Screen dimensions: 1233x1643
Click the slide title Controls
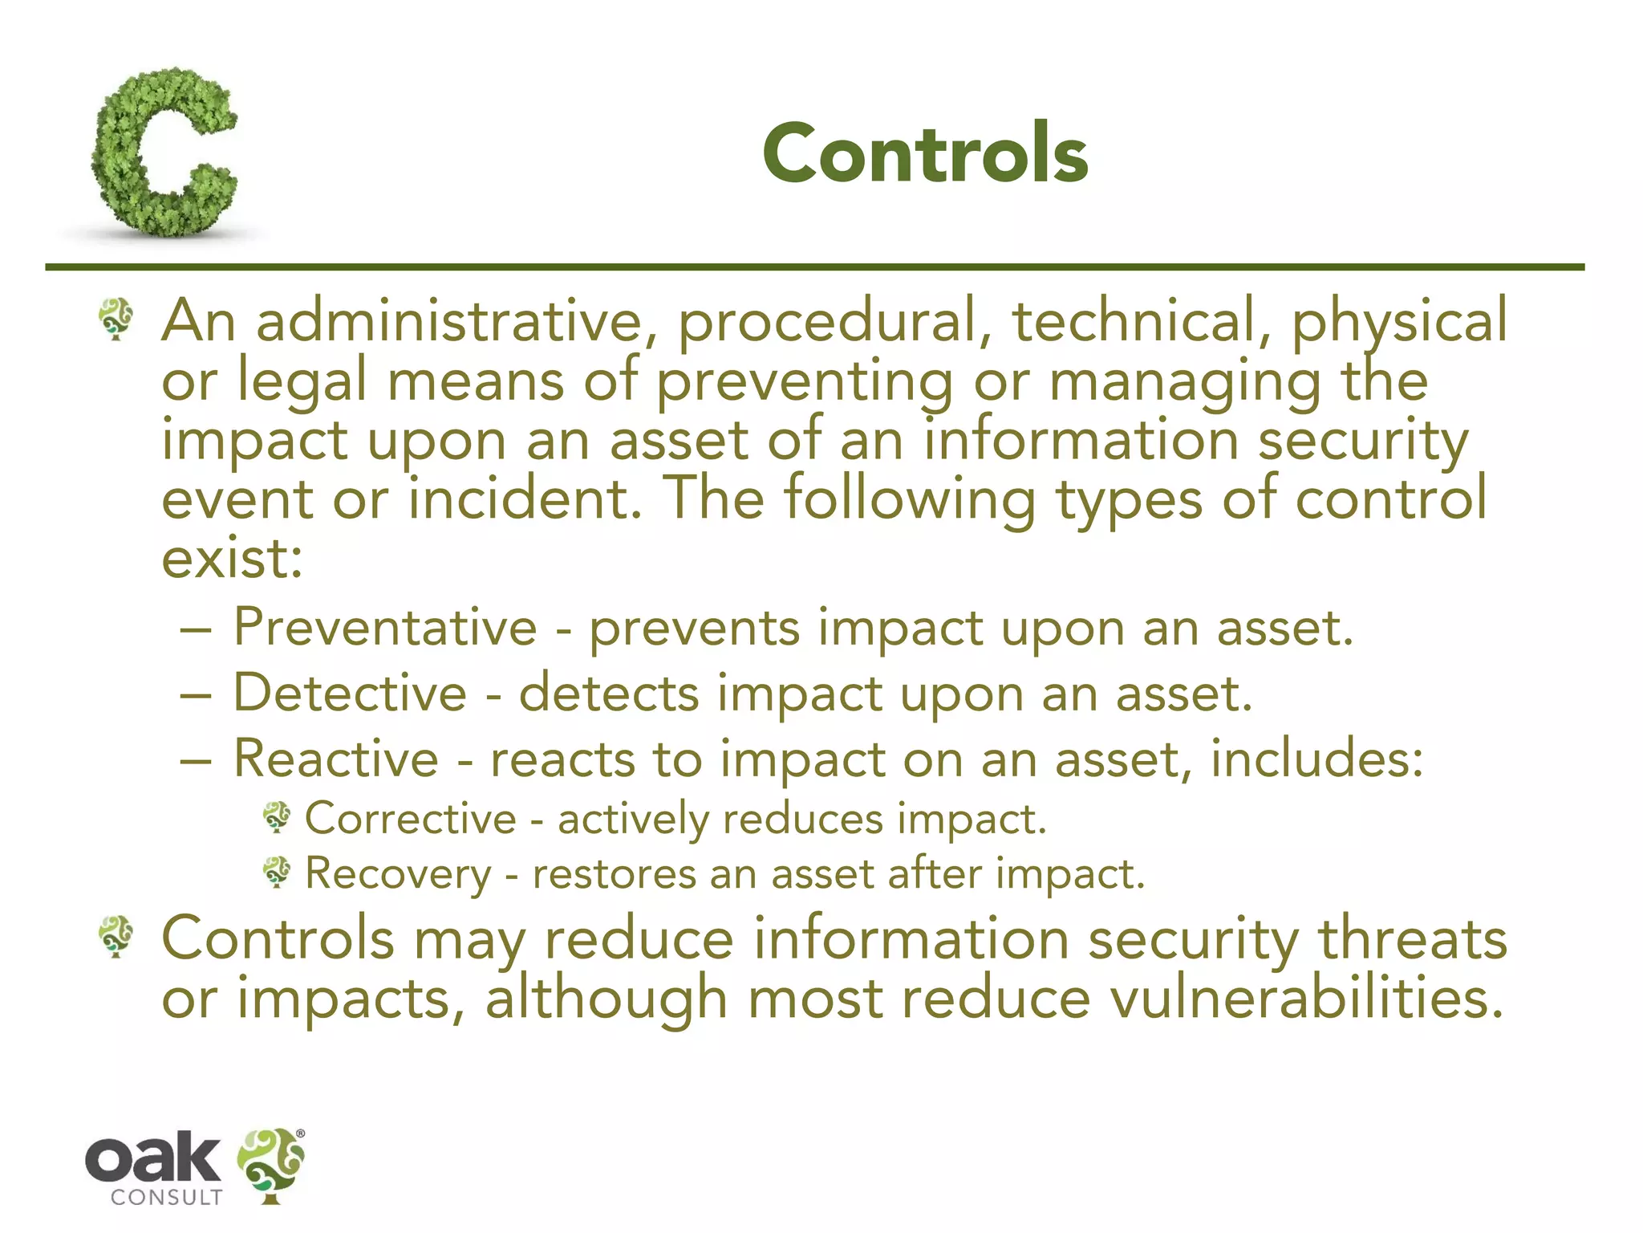coord(924,153)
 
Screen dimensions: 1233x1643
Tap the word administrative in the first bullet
coord(449,321)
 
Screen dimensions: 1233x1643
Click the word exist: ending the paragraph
coord(232,559)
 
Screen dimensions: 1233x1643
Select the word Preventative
coord(385,628)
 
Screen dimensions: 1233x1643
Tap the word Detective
coord(350,694)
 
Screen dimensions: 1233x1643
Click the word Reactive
coord(336,759)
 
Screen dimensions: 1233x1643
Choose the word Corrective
coord(411,820)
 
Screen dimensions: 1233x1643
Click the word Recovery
coord(398,875)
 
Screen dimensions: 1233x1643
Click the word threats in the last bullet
coord(1413,939)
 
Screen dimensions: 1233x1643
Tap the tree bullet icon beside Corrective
coord(278,818)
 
